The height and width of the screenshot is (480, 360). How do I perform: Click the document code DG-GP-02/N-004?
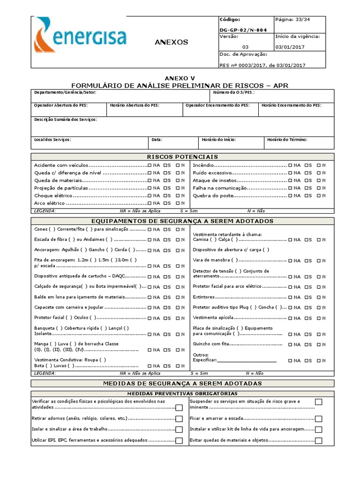243,30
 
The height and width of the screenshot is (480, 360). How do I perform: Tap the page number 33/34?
292,20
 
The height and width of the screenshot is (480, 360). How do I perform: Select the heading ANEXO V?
180,78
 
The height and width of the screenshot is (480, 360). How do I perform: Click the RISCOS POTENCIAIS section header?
182,157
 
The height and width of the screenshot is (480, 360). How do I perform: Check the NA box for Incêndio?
291,165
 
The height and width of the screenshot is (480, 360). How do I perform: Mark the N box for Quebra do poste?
319,195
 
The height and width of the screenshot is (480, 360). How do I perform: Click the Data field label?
157,140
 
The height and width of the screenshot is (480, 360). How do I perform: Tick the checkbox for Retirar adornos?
179,419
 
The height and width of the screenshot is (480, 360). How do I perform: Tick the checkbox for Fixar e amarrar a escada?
319,418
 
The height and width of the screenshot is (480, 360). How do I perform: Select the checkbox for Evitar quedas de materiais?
319,441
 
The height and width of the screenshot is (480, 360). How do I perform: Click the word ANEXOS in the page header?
171,42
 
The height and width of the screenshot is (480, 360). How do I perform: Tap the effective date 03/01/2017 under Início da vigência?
290,47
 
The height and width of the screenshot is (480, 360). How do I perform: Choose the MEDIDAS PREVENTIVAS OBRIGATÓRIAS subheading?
182,394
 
